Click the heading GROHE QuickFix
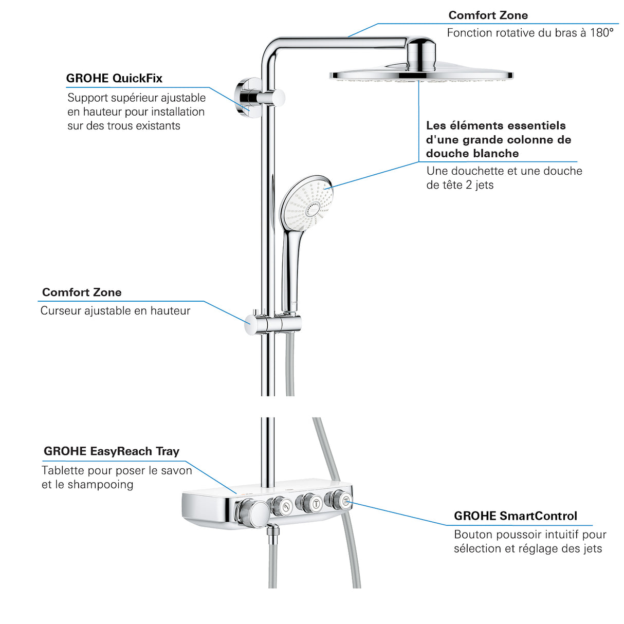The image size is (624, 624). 114,79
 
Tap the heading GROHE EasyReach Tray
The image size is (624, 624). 112,451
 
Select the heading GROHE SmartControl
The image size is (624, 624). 515,516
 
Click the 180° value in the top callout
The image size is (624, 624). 601,33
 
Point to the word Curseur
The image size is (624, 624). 60,311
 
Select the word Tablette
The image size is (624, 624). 63,470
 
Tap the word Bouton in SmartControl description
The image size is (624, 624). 471,535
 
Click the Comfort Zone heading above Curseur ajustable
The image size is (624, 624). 82,292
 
